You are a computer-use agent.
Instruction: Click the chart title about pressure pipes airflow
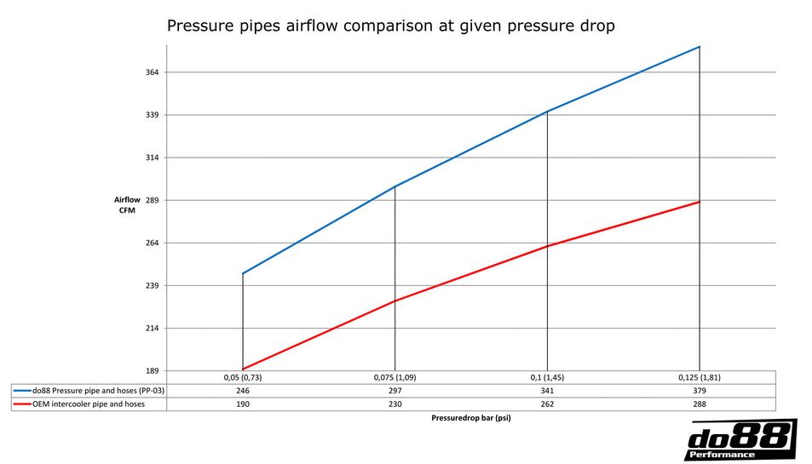[390, 26]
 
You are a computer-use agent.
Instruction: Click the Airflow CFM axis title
[127, 205]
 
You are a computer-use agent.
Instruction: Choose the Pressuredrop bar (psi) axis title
[470, 418]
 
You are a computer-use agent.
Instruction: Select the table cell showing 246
[243, 390]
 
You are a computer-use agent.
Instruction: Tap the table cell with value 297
[394, 390]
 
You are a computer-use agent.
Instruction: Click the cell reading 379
[699, 390]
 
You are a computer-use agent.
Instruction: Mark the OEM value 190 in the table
[243, 404]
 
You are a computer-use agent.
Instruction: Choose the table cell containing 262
[546, 404]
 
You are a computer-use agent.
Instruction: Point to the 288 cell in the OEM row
[699, 404]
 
